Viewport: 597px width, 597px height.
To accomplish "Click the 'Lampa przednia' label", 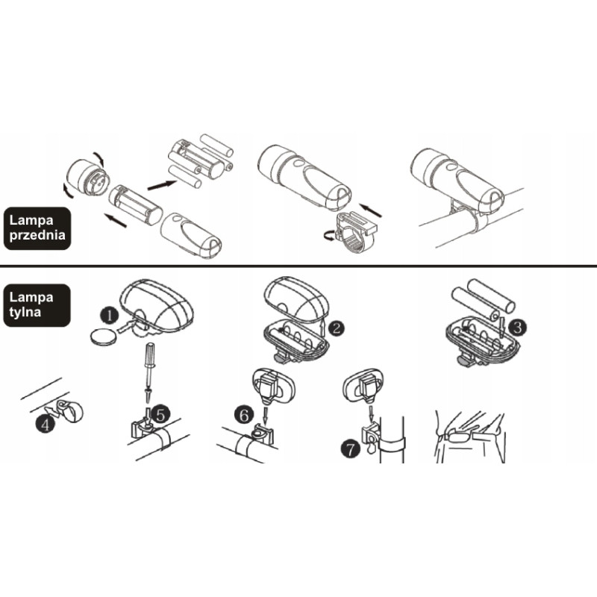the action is (37, 228).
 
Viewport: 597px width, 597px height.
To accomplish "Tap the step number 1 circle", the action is (110, 316).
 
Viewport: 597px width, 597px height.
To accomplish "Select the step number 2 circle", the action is (335, 328).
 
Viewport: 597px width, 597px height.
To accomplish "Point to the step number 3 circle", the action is (518, 327).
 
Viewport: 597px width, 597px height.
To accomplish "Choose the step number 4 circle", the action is (45, 423).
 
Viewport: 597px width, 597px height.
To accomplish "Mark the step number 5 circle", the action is (160, 415).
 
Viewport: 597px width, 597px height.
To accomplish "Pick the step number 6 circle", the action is (244, 415).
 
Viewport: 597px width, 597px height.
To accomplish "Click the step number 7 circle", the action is (350, 448).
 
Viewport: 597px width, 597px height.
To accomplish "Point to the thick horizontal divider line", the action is (298, 265).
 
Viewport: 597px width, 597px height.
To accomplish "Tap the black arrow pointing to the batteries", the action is (162, 185).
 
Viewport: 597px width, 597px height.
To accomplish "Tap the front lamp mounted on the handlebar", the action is (457, 179).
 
